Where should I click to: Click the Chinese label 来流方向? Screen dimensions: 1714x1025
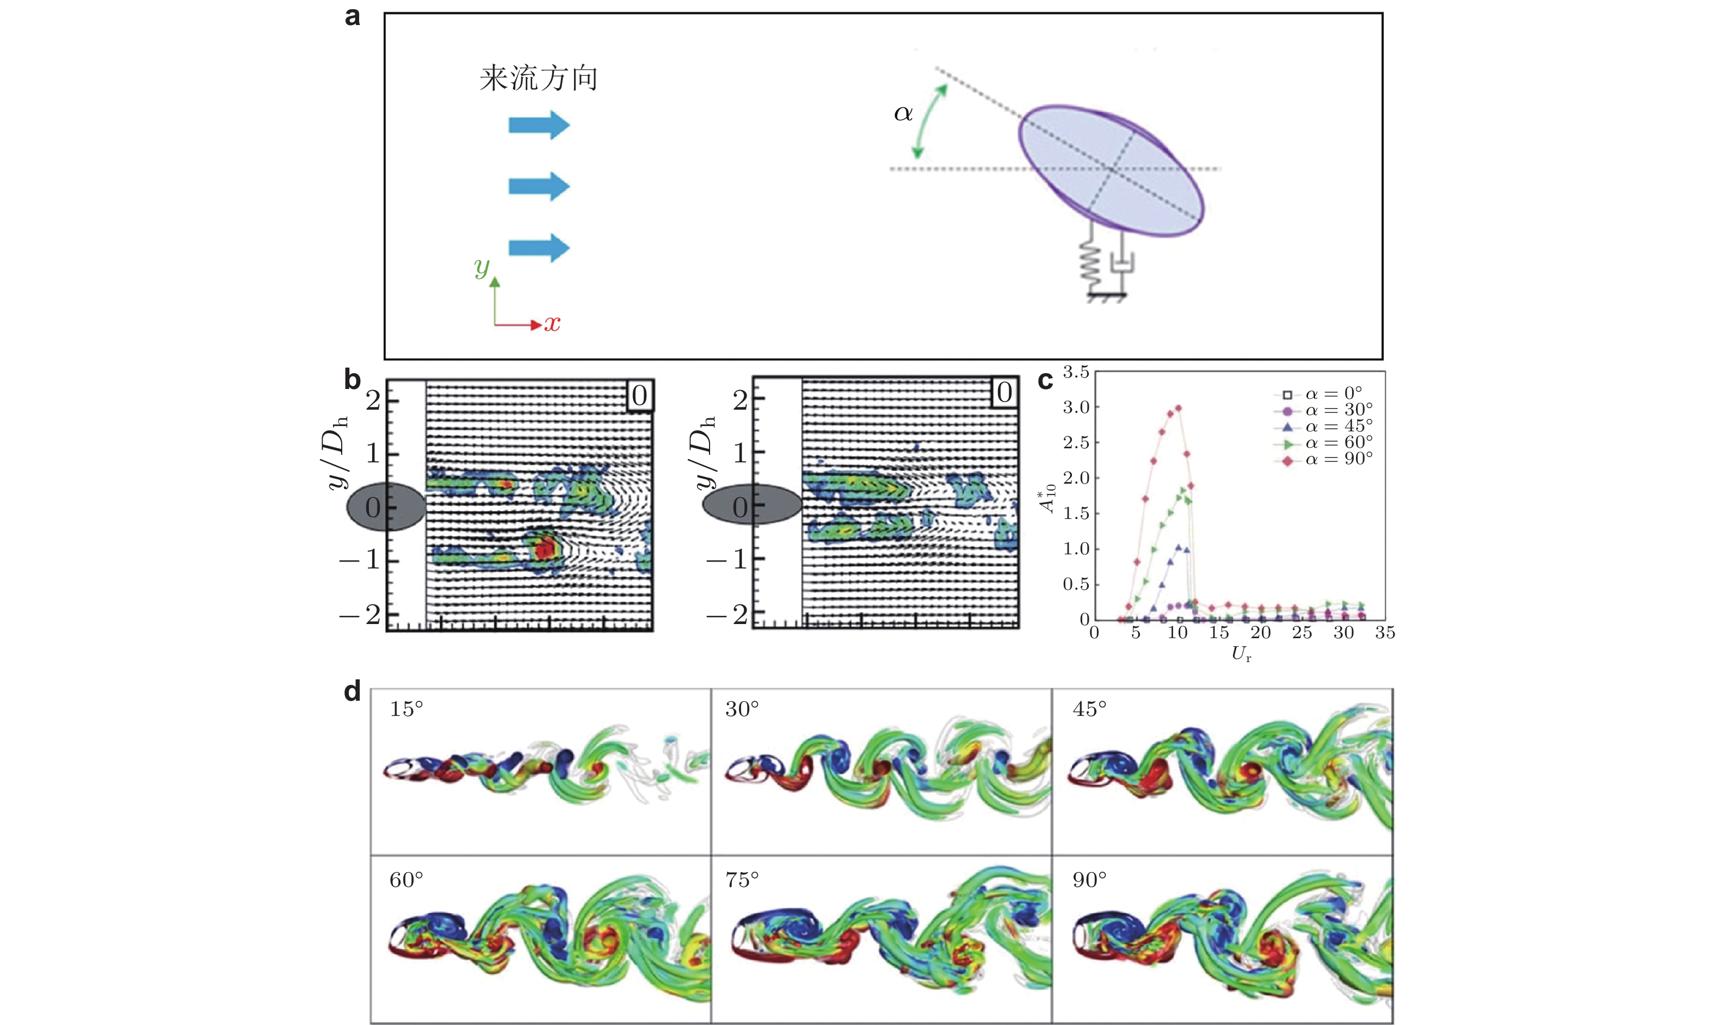click(539, 78)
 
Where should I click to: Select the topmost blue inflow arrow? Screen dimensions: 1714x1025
click(539, 125)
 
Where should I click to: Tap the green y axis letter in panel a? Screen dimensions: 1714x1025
click(482, 266)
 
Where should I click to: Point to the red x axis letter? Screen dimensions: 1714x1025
click(552, 323)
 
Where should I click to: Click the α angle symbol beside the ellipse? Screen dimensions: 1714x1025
click(903, 113)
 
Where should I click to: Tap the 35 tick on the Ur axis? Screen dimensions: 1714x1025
click(1385, 632)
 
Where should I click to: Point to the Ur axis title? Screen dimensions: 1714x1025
click(1242, 654)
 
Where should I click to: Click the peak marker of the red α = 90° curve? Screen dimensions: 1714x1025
click(1178, 407)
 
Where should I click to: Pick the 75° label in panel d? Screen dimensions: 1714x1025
click(742, 880)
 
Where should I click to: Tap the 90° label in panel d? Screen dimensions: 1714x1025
click(1089, 880)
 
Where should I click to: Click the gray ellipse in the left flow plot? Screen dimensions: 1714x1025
click(385, 507)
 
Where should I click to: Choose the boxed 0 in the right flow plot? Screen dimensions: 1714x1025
click(1004, 392)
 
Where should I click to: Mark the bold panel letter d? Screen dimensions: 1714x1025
click(352, 691)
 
